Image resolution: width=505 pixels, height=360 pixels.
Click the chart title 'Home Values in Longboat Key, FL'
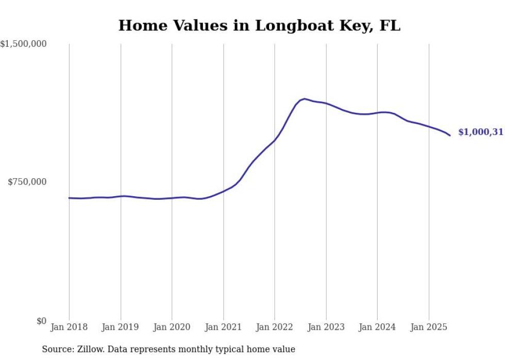tap(259, 26)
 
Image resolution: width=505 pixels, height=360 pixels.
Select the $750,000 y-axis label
tap(27, 182)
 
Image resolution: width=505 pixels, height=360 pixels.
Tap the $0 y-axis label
tap(41, 321)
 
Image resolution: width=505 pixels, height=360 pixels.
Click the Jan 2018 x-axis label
tap(69, 327)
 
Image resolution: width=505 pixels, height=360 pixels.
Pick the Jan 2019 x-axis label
tap(121, 327)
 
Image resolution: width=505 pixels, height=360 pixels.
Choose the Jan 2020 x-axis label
tap(172, 327)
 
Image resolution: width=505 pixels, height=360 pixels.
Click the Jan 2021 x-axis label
tap(223, 327)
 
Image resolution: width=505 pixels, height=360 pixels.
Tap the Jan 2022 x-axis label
tap(275, 327)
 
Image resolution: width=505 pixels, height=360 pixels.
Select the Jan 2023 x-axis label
tap(326, 327)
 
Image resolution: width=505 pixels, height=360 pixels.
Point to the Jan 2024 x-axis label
tap(377, 327)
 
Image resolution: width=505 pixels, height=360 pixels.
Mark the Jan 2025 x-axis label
tap(429, 327)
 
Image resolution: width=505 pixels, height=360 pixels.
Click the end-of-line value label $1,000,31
tap(480, 132)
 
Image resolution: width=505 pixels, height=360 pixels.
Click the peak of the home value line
tap(305, 99)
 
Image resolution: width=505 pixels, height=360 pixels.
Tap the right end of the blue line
tap(450, 135)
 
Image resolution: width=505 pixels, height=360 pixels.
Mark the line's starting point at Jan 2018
tap(70, 198)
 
